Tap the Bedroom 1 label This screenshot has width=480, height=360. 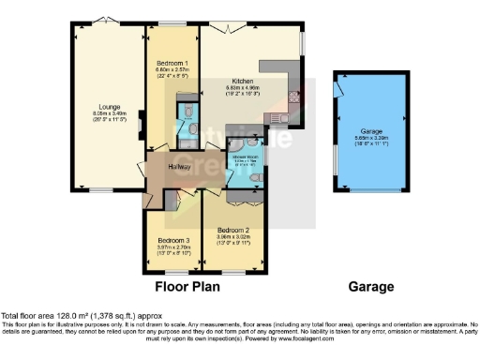(x=172, y=63)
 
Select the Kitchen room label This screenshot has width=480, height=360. (x=246, y=82)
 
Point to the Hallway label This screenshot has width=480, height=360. (x=180, y=167)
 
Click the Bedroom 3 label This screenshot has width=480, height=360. (x=173, y=240)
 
